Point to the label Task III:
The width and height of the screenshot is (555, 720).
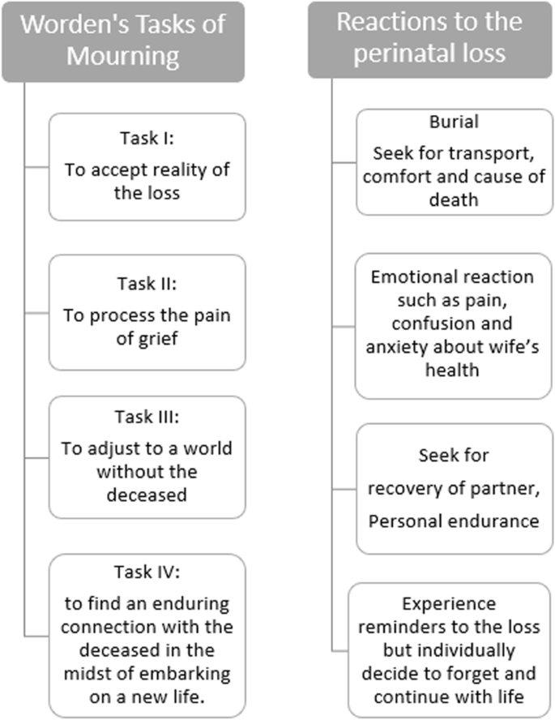click(146, 419)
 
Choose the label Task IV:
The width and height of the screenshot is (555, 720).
click(146, 572)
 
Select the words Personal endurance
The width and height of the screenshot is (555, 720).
click(454, 521)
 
